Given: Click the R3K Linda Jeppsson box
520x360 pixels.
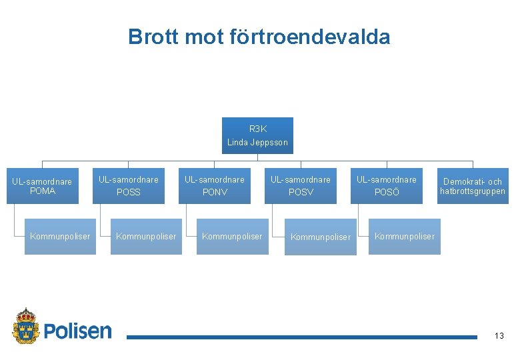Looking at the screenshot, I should (x=257, y=135).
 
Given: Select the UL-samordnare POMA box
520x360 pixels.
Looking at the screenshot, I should (x=43, y=186).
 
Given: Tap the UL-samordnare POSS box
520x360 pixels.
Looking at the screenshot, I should (x=129, y=186).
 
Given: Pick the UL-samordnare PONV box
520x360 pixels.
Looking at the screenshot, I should (x=215, y=186).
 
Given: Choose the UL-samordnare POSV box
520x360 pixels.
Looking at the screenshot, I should (x=301, y=186).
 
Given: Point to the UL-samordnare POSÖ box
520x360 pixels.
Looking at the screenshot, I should (x=387, y=186).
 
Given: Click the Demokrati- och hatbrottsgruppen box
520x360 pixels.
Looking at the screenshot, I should (x=473, y=186).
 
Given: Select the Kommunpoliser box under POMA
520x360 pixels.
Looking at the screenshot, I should (x=60, y=237).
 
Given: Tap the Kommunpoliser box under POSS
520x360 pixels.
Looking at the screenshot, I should (x=146, y=237).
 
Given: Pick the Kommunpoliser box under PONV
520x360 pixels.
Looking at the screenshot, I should (x=232, y=237).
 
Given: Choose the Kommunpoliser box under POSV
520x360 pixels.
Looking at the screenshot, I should (x=321, y=237).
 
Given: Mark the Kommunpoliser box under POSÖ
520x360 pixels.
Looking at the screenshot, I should (x=405, y=237).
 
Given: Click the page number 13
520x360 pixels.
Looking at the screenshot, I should (x=499, y=336).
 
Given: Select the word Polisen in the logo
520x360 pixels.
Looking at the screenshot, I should (x=78, y=330).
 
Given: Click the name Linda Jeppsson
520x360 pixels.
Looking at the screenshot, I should (x=257, y=142).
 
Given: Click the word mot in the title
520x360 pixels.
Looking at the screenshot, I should (x=196, y=37).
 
